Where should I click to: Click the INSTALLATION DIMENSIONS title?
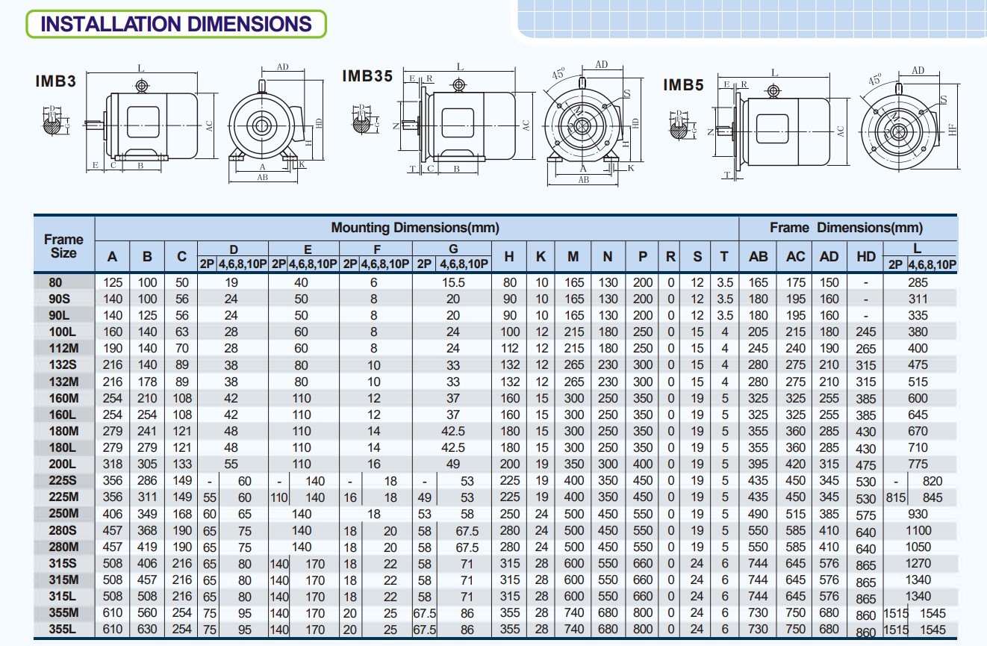coord(176,24)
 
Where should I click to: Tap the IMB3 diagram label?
coord(56,81)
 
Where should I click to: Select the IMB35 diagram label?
coord(367,75)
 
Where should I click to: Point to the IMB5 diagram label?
coord(683,84)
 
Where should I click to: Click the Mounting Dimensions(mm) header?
coord(415,227)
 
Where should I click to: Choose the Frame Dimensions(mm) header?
coord(846,227)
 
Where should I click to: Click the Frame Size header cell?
coord(63,246)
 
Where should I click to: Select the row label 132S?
coord(63,365)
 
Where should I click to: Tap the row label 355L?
coord(62,629)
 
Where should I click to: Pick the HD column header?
coord(865,256)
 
